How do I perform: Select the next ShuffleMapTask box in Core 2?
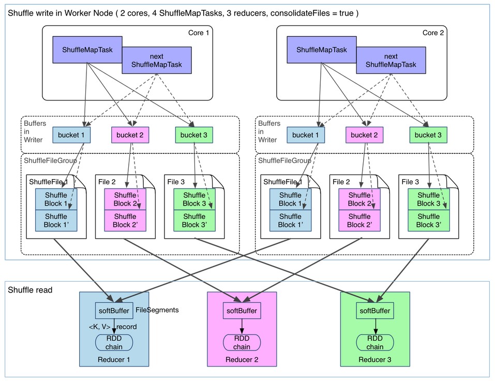(x=391, y=61)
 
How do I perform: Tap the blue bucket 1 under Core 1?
(x=71, y=135)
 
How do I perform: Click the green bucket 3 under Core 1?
(x=194, y=135)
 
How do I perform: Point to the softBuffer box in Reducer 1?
(x=114, y=311)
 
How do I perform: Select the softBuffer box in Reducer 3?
(x=376, y=311)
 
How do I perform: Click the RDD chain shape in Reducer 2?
(x=242, y=343)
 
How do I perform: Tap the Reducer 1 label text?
(x=114, y=360)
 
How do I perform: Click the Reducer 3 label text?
(x=376, y=360)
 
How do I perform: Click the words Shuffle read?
(x=30, y=290)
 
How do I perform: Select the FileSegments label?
(x=157, y=310)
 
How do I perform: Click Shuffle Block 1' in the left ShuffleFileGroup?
(x=56, y=221)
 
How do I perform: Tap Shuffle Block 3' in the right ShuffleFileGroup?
(x=428, y=221)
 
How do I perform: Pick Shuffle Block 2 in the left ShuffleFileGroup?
(x=125, y=199)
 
